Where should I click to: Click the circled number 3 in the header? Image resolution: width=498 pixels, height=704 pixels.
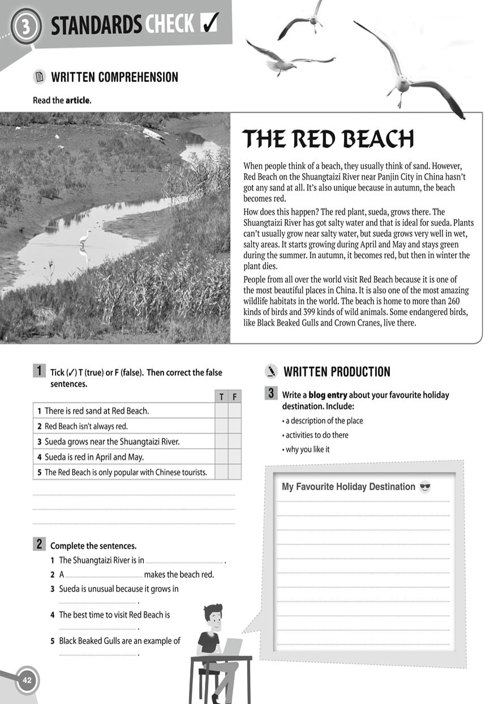click(x=25, y=27)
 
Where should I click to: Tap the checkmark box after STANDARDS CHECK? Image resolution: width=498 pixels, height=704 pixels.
click(x=210, y=24)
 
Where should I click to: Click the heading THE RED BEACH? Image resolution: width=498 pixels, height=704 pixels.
click(x=328, y=139)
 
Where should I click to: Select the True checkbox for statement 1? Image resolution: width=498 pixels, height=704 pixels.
click(x=221, y=411)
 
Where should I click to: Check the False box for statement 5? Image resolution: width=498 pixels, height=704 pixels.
click(x=234, y=472)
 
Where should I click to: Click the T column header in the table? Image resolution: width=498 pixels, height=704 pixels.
click(x=221, y=396)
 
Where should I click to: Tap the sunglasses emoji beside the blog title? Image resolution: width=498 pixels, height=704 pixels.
click(x=425, y=487)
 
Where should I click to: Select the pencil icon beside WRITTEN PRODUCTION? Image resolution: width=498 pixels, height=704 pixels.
click(x=272, y=372)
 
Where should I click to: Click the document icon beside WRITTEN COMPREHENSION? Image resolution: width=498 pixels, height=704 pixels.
click(x=38, y=77)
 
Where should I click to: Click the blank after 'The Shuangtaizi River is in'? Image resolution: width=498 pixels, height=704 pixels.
click(x=184, y=561)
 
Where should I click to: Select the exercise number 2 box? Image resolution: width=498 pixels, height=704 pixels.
click(x=39, y=545)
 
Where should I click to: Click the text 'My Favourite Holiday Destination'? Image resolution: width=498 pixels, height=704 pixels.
click(x=348, y=487)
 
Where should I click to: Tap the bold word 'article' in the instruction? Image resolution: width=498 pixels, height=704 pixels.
click(x=78, y=101)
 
